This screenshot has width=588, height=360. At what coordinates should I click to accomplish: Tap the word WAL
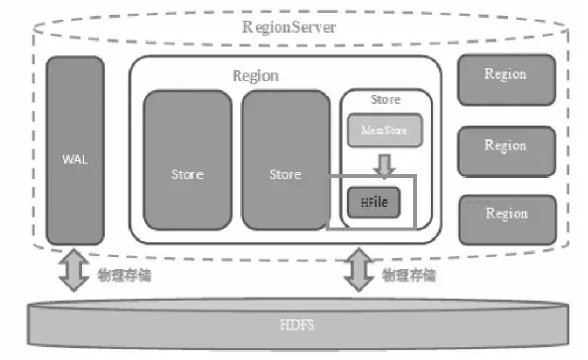click(x=75, y=158)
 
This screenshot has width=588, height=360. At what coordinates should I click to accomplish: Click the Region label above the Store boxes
click(x=255, y=75)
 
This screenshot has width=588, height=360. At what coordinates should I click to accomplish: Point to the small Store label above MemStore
click(x=384, y=100)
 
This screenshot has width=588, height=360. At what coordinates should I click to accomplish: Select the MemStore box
click(x=384, y=128)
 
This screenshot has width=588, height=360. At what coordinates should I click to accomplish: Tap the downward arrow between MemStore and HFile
click(x=384, y=161)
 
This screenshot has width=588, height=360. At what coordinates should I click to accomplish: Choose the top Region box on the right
click(x=505, y=74)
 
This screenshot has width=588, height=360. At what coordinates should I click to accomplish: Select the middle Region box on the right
click(x=505, y=145)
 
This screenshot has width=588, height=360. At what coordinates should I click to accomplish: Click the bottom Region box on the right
click(x=505, y=213)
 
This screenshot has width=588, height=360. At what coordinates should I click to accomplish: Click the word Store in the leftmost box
click(x=187, y=175)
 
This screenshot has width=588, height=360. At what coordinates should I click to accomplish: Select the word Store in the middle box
click(x=285, y=175)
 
